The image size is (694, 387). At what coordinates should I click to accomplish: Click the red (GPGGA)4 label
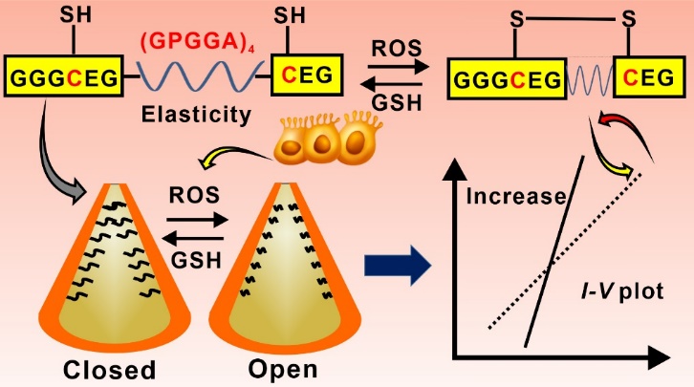click(x=193, y=42)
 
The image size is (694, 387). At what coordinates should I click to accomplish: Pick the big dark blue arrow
click(x=396, y=265)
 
